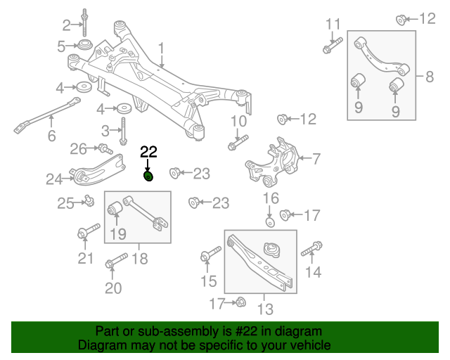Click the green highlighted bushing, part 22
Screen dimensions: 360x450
tap(148, 175)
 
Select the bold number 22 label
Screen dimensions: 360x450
tap(148, 151)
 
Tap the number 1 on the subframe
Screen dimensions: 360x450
tap(160, 49)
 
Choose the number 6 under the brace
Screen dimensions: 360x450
tap(51, 136)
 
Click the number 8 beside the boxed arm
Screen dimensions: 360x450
tap(429, 76)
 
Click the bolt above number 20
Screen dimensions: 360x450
tap(113, 265)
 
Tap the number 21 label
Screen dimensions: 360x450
tap(85, 258)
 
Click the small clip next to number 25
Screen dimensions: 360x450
tap(89, 202)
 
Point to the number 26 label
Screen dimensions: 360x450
tap(78, 148)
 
